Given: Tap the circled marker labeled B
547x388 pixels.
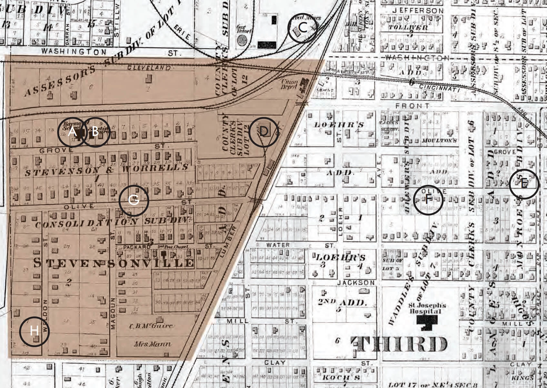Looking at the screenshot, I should pos(95,132).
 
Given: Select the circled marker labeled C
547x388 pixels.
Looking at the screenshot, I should pos(303,28).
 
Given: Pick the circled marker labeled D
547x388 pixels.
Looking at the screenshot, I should pos(264,132).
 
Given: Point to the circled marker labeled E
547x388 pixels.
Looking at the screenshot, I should pos(524,184).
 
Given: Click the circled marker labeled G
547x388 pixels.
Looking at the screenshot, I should pos(134,200).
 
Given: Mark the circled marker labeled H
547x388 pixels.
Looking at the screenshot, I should pos(35,331).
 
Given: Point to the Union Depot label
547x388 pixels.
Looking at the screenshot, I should pos(289,84).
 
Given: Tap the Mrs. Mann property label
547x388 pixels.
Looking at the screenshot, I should pos(152,344).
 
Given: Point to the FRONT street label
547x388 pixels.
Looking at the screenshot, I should pos(413,106).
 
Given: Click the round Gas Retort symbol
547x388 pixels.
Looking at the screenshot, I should pos(242,41).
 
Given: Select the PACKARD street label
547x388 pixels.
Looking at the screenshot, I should pos(137,247).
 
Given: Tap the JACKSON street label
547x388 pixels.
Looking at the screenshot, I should pos(356,283).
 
